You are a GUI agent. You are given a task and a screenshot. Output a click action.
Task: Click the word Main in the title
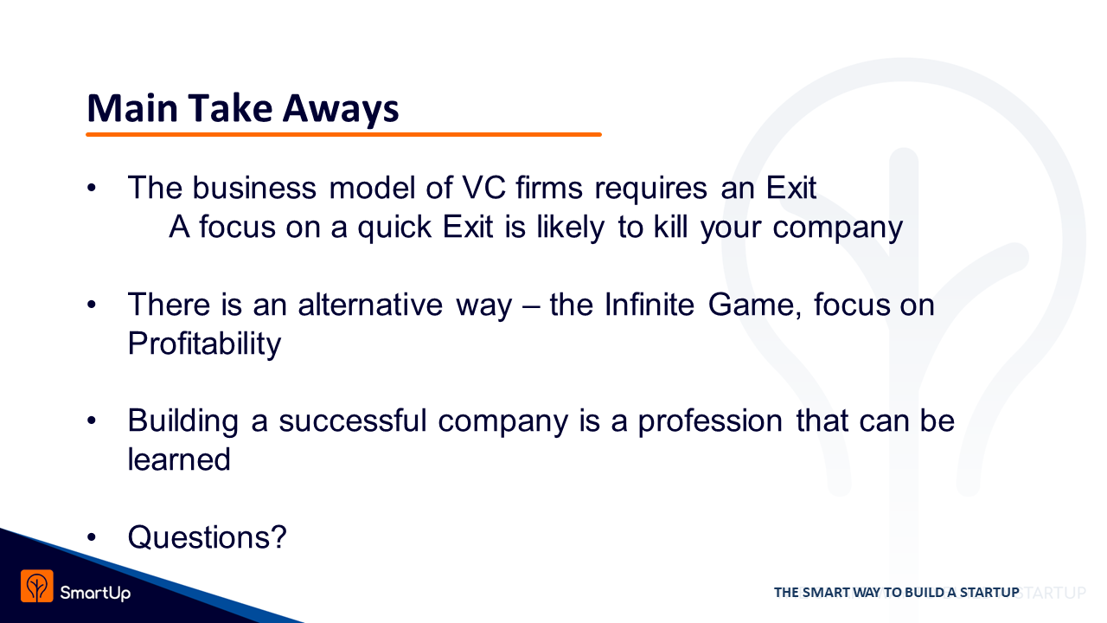(132, 108)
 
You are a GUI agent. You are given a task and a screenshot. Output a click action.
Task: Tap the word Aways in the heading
(341, 109)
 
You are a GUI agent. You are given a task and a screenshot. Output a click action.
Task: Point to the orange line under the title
(343, 134)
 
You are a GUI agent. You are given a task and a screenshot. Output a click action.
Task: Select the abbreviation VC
(483, 188)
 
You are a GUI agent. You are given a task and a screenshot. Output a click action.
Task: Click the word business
(254, 188)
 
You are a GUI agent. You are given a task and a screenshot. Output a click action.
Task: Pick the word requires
(651, 189)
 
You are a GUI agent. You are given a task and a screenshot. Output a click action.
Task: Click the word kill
(670, 227)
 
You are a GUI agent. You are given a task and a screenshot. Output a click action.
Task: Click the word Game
(754, 305)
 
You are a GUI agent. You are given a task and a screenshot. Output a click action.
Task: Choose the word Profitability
(204, 344)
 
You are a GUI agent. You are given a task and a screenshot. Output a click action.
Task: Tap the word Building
(182, 421)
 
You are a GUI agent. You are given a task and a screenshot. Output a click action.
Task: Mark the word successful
(352, 421)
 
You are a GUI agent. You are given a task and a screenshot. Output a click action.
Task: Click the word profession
(710, 421)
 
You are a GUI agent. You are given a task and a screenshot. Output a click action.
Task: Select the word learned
(179, 459)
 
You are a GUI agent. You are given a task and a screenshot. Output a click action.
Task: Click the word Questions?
(207, 537)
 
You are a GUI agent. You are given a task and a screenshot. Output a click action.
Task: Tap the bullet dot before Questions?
(92, 537)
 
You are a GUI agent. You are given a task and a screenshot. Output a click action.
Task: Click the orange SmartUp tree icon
(37, 586)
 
